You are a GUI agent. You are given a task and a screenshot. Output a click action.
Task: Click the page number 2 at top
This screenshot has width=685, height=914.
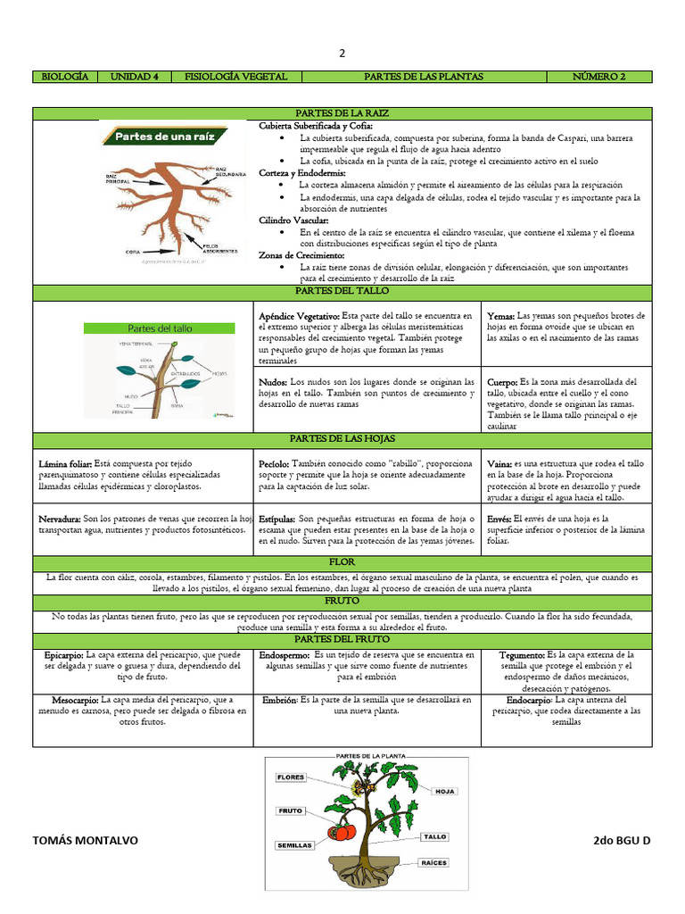(x=342, y=53)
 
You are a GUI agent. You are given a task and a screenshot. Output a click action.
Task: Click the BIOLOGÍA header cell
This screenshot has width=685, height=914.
(x=65, y=77)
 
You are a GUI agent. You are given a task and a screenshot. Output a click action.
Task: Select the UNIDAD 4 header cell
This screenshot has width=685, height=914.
(x=134, y=77)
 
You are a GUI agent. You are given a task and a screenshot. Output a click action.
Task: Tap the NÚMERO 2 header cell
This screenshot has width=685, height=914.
(x=598, y=77)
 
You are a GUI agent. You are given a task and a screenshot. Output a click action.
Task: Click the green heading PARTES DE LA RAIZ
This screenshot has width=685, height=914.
(x=342, y=113)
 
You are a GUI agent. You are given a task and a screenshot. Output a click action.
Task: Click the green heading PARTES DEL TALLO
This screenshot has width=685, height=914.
(x=342, y=291)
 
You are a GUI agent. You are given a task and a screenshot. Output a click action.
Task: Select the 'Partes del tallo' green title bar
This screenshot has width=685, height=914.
(x=161, y=328)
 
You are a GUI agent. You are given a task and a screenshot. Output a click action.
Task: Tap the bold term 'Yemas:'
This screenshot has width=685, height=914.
(x=500, y=316)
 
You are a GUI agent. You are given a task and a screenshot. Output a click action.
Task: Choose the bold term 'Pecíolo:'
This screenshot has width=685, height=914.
(x=274, y=464)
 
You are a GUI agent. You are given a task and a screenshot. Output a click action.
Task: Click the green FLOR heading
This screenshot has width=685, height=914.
(x=342, y=563)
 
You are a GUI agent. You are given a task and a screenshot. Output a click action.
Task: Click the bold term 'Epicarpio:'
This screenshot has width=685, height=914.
(x=64, y=655)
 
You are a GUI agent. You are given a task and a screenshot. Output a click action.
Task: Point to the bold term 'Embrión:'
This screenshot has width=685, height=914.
(x=280, y=701)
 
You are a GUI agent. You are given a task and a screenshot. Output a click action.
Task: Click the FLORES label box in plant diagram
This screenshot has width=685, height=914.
(x=292, y=777)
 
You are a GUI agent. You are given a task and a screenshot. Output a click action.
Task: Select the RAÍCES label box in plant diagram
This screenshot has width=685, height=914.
(x=434, y=862)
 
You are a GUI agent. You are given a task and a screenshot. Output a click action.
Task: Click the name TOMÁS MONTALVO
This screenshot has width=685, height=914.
(x=86, y=841)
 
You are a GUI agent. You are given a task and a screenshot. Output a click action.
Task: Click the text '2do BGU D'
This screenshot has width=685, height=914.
(x=622, y=841)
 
